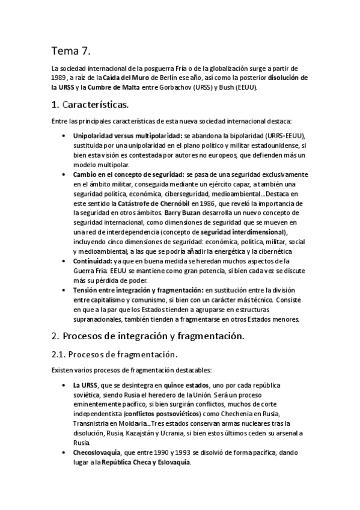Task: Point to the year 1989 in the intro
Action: coord(59,78)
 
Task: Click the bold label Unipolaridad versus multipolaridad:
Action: coord(127,136)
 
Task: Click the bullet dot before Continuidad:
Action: coord(64,262)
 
